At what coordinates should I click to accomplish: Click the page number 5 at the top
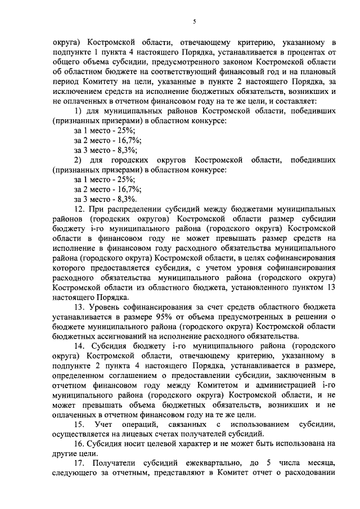coord(195,22)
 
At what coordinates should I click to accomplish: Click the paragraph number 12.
coord(79,209)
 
